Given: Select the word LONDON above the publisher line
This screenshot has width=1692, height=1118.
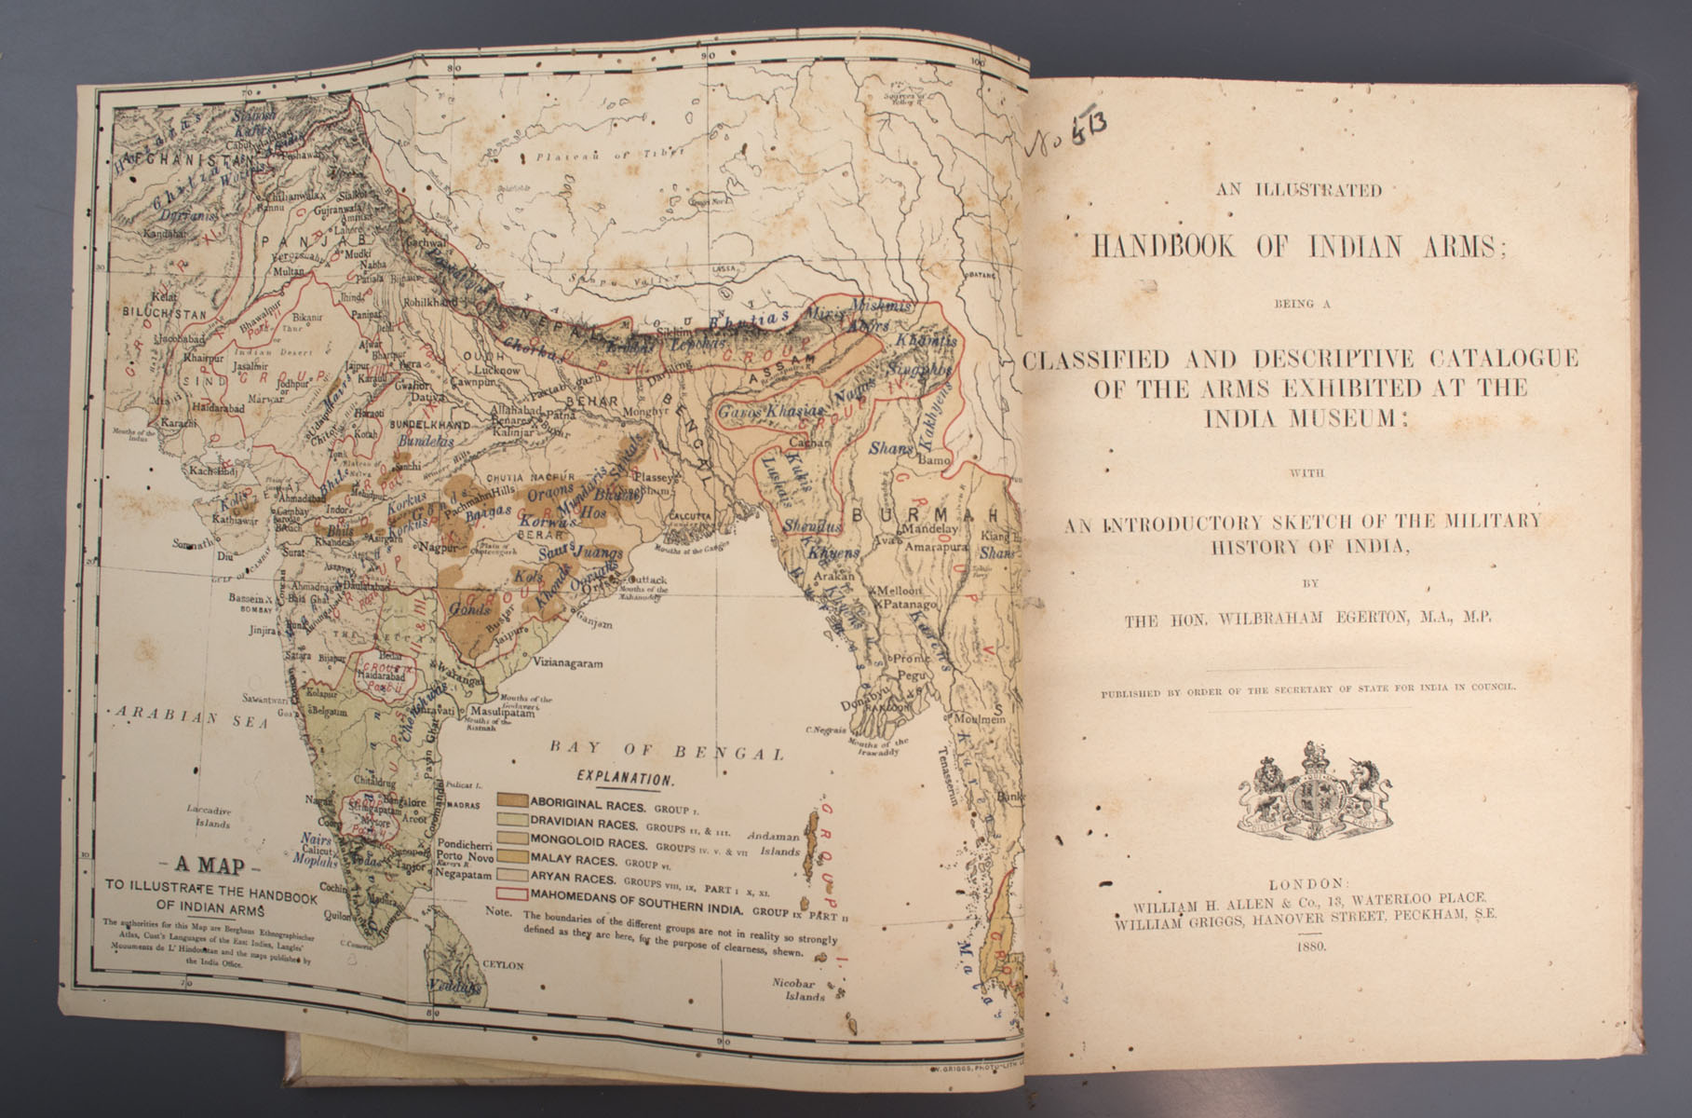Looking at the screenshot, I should tap(1307, 882).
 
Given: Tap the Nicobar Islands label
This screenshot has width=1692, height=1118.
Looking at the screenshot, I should tap(798, 988).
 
